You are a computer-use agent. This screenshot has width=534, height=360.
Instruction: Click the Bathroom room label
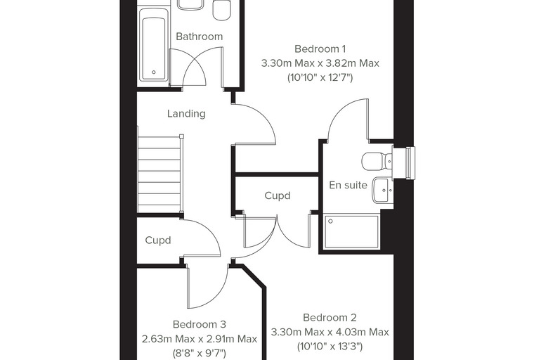200,37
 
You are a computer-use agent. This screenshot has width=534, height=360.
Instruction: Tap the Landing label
186,113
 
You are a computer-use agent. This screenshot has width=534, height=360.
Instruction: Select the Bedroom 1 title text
320,49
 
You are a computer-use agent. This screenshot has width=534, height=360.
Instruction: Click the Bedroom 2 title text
330,318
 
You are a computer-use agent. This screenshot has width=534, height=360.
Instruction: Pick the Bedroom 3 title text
200,324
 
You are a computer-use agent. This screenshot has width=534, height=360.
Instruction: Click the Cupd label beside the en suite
278,196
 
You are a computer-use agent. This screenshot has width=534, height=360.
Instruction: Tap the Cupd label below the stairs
157,240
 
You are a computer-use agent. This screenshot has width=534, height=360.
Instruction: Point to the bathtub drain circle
154,72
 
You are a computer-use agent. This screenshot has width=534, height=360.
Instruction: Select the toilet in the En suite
377,161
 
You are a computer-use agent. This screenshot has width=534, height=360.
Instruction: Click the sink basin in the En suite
382,190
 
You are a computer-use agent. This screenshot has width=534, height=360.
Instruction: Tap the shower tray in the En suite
351,232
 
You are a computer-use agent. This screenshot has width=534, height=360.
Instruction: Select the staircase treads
159,174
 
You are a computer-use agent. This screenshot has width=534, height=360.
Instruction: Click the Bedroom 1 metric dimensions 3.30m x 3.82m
320,63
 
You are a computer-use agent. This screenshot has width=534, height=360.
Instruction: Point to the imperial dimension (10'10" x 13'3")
330,347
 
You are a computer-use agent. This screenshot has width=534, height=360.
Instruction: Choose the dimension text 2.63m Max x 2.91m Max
200,339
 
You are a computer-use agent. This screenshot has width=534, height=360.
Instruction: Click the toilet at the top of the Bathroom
223,10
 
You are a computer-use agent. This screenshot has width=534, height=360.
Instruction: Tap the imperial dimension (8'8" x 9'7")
200,353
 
